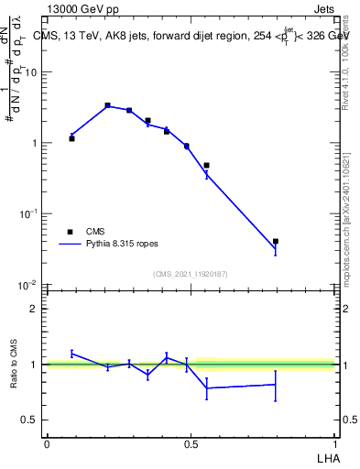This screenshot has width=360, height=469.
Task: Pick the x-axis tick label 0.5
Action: click(x=191, y=443)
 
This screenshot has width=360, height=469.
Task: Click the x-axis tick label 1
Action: click(x=334, y=443)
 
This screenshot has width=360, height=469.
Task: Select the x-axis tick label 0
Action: click(x=47, y=443)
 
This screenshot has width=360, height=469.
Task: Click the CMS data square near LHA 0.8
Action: click(x=276, y=241)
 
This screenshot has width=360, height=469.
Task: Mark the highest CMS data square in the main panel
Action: click(x=107, y=105)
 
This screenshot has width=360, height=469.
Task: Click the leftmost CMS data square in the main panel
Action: click(x=71, y=138)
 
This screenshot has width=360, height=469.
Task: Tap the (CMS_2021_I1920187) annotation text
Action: click(x=190, y=274)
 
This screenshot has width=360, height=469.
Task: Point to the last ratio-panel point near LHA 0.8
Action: click(x=276, y=385)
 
